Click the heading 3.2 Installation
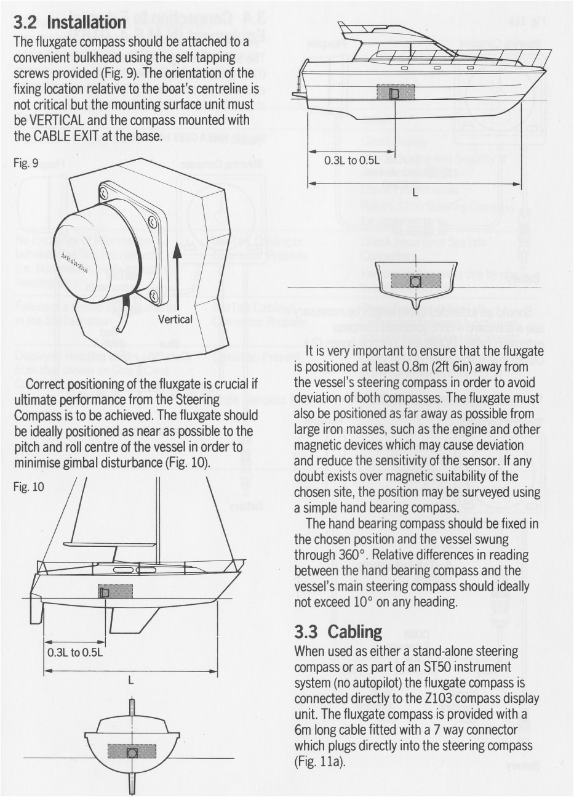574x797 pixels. click(x=70, y=23)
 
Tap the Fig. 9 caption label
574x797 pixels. click(x=26, y=163)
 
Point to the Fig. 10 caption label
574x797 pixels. click(x=28, y=487)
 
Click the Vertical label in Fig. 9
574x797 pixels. click(x=175, y=319)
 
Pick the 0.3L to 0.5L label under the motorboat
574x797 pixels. click(x=349, y=161)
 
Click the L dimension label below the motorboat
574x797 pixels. click(x=415, y=191)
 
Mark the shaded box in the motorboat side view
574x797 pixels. click(x=396, y=93)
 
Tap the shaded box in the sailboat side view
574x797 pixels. click(x=116, y=591)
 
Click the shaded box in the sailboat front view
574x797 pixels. click(x=131, y=751)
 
